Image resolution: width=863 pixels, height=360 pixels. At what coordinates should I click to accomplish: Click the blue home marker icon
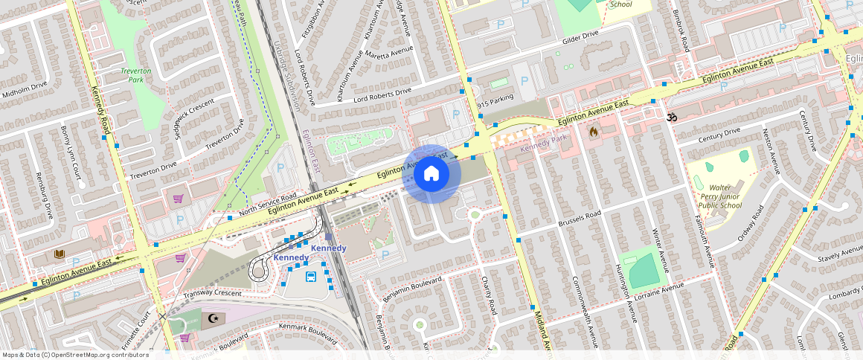(431, 174)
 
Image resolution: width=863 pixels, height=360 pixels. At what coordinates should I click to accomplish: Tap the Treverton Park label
(136, 74)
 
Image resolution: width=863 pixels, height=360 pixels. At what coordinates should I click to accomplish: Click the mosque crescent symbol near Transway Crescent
(214, 318)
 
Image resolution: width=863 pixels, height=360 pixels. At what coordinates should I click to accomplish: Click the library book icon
(60, 255)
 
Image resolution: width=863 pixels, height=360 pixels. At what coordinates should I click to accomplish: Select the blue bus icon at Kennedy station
(311, 277)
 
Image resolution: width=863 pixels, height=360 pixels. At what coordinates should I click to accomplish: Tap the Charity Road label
(488, 295)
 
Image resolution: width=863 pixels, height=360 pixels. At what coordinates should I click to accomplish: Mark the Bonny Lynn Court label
(71, 152)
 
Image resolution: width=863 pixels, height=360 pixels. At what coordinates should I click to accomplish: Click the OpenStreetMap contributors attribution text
(75, 355)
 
